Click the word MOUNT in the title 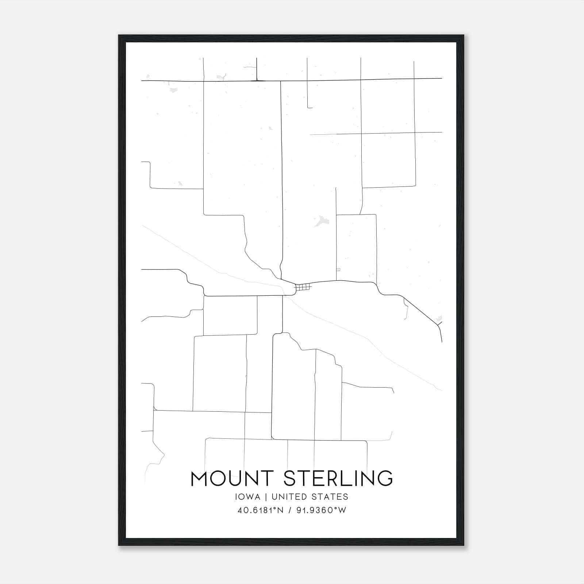point(232,479)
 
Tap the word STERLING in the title point(338,479)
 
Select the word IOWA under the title point(248,497)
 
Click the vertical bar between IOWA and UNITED point(266,497)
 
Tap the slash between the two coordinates point(289,510)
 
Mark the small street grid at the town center point(303,287)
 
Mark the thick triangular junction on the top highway point(257,79)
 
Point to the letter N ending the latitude point(280,510)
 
